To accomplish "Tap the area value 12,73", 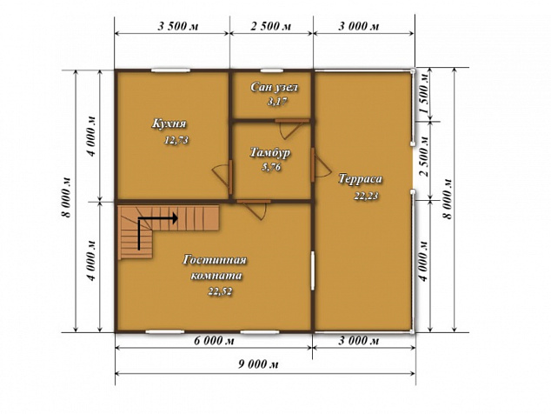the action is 176,140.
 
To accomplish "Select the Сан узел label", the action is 274,87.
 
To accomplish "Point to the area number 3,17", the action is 277,102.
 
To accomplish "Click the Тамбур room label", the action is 270,153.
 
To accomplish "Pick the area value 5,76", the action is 271,168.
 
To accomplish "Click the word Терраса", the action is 360,179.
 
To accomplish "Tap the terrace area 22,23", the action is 366,196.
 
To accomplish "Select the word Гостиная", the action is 215,260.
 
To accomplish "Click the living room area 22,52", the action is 220,291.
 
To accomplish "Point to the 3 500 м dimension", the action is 178,26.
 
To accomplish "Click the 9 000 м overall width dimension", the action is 258,364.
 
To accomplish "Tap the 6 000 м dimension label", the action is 214,340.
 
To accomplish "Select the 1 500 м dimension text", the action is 424,93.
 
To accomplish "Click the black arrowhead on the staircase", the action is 175,218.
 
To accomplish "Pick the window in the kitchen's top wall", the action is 171,70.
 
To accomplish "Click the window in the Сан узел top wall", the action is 272,70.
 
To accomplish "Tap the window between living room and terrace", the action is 313,270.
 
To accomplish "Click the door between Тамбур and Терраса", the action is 312,165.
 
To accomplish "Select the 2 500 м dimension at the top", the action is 270,26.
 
